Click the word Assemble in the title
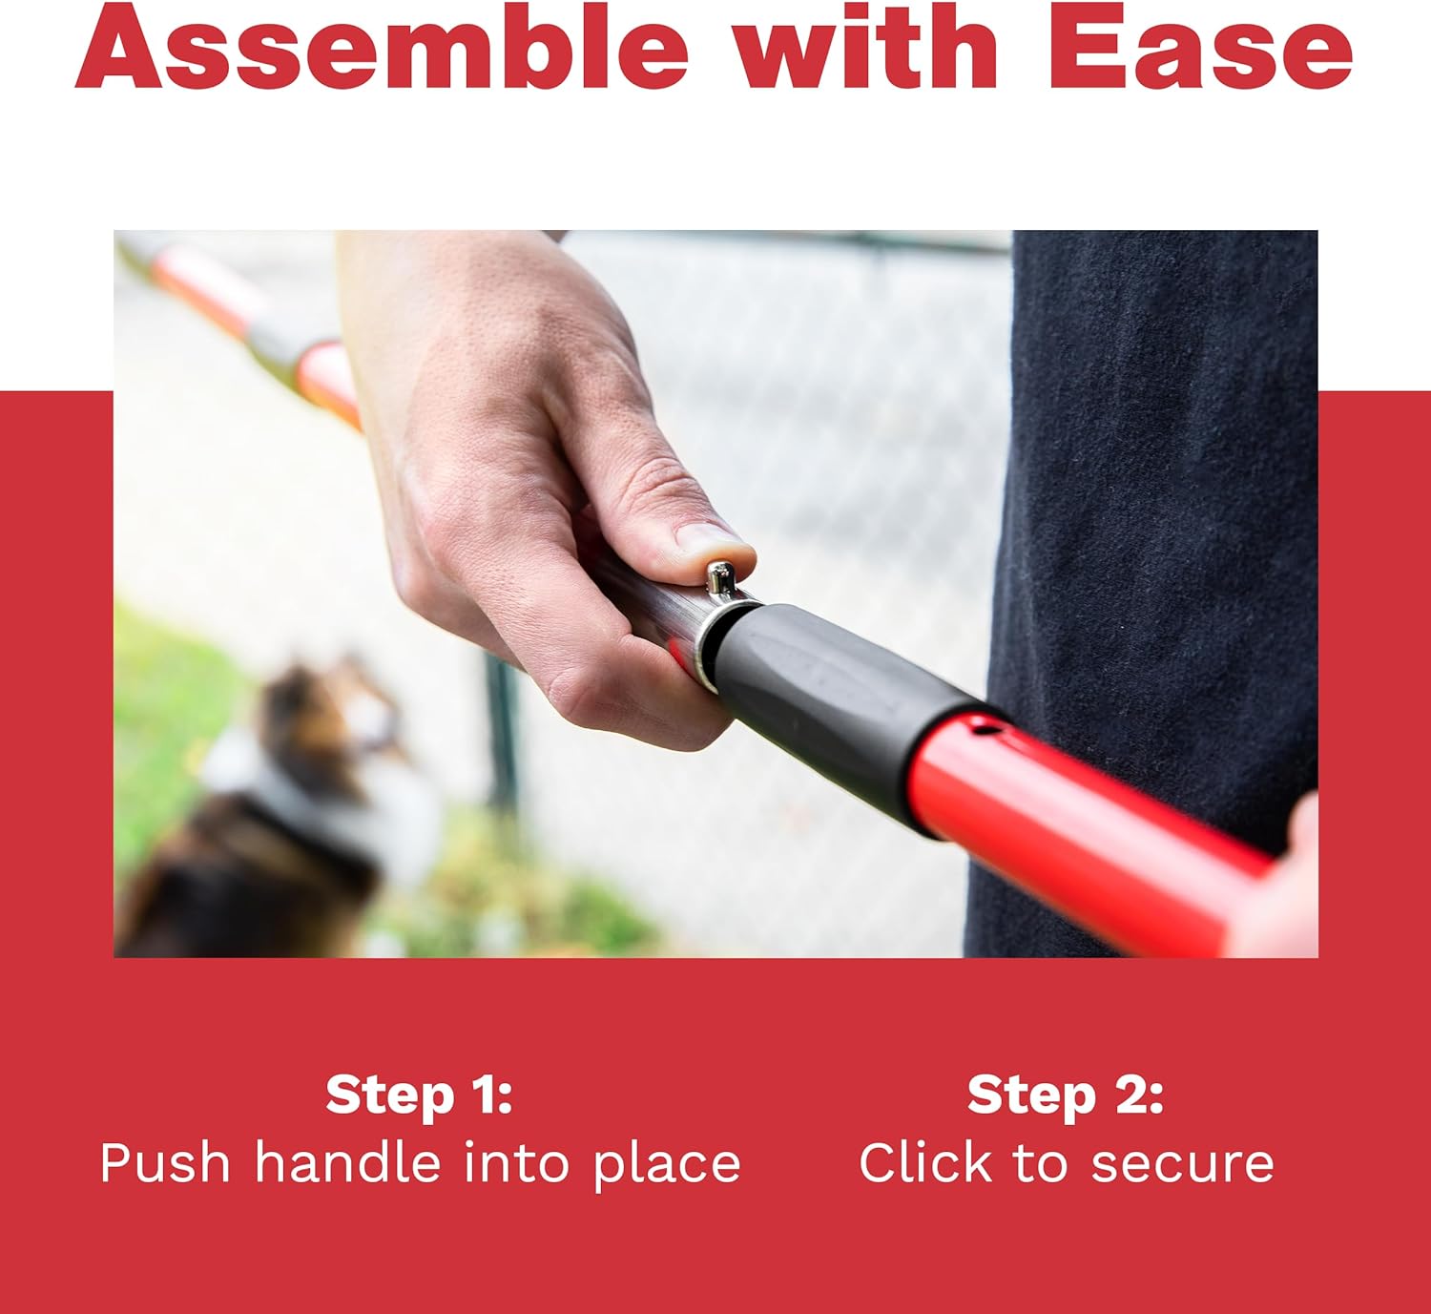click(382, 47)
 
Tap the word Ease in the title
click(1200, 47)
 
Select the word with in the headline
click(866, 47)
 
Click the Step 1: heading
click(419, 1095)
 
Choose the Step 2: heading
click(1066, 1095)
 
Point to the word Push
click(165, 1163)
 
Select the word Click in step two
click(925, 1163)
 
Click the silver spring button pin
click(719, 577)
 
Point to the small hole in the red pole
click(985, 729)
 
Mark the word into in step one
click(516, 1163)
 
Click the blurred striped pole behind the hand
click(242, 328)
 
